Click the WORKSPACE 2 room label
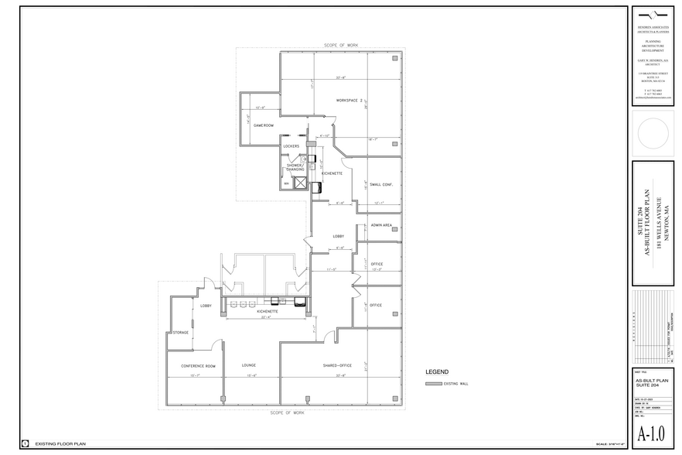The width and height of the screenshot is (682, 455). tap(349, 101)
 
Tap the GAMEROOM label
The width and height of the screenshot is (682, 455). tap(264, 125)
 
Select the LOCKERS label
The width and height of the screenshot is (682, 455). tap(291, 146)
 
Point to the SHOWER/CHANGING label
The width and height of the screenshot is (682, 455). tap(295, 167)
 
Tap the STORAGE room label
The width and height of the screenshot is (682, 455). tap(180, 333)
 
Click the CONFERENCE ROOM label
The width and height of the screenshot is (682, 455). tap(198, 365)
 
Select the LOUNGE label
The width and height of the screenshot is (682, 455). tap(248, 365)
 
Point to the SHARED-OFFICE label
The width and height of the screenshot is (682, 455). tap(338, 365)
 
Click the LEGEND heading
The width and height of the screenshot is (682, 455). tap(438, 371)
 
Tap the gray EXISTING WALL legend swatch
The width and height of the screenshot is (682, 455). tap(434, 384)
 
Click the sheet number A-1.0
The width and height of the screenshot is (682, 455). tap(653, 434)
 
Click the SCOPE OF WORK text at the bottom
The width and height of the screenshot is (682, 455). tap(288, 413)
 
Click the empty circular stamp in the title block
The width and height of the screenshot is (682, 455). tap(653, 132)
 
